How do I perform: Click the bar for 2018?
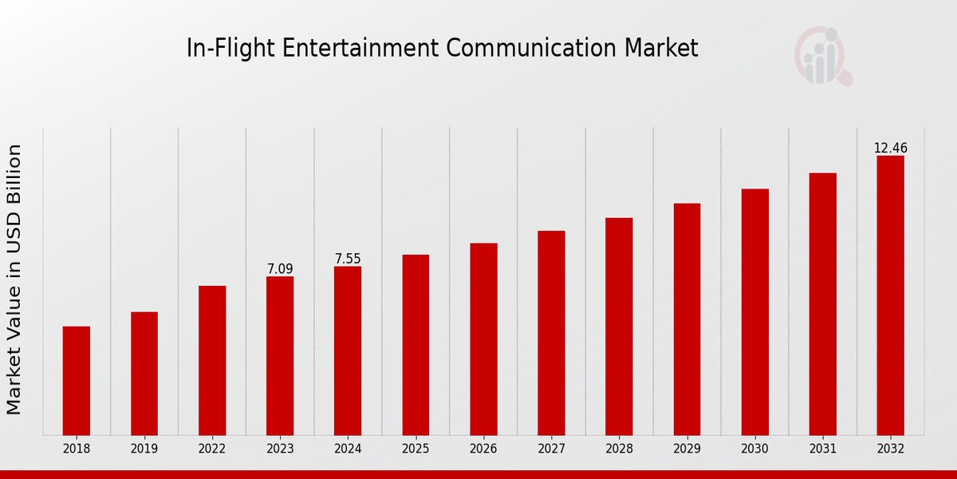[77, 381]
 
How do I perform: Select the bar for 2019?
[144, 374]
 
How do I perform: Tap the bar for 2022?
[212, 360]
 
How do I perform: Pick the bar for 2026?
[483, 339]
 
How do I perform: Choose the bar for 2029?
[687, 319]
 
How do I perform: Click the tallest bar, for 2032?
[890, 295]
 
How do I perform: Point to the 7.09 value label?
[280, 269]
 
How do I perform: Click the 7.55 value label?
[348, 259]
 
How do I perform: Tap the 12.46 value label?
[890, 148]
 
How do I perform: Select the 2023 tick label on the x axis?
[280, 449]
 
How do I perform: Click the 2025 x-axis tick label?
[415, 449]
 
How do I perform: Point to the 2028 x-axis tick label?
[619, 449]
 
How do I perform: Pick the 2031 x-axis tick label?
[822, 449]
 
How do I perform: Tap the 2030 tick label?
[754, 449]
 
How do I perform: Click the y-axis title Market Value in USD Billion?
[14, 279]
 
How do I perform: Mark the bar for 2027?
[551, 333]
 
